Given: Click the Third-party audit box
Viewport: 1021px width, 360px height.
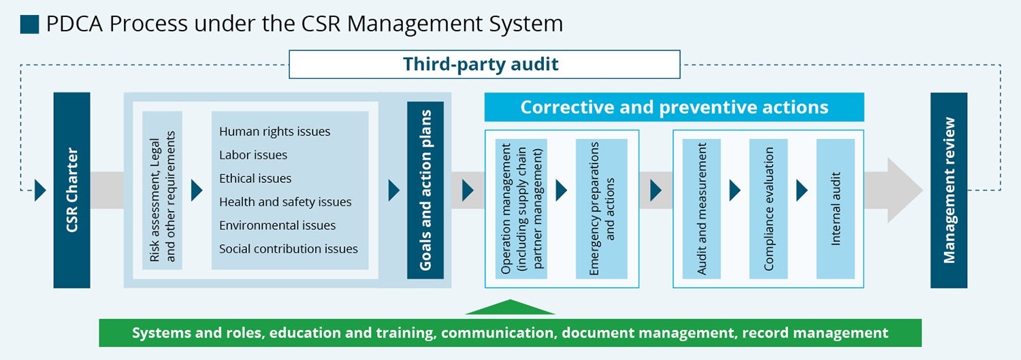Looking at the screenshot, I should (x=484, y=65).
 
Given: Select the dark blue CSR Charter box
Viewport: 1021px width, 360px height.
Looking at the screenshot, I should (x=72, y=190).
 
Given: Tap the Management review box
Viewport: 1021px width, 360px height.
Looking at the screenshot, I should (x=948, y=190).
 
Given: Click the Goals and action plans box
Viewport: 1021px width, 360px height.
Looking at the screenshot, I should (x=425, y=190).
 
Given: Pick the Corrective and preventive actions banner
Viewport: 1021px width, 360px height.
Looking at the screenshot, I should (x=674, y=108).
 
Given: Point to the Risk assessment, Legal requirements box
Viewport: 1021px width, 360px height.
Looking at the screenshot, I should (x=163, y=191).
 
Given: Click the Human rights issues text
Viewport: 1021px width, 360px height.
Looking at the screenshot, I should (x=274, y=131).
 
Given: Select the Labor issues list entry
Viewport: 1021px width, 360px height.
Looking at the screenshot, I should (x=253, y=155).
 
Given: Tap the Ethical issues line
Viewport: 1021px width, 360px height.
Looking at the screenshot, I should (x=255, y=178).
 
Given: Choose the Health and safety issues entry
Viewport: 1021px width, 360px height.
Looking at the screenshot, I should (x=285, y=202).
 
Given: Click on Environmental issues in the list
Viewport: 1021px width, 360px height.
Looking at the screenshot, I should (x=277, y=225).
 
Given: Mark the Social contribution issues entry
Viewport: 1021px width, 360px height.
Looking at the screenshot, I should (x=288, y=249).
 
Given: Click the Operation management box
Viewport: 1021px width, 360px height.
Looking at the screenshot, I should (x=521, y=208).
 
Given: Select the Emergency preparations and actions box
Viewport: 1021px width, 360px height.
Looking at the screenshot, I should (x=601, y=208).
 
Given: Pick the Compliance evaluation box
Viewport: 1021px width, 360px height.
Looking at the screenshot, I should (x=768, y=208).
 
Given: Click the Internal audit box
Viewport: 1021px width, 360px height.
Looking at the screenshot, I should (x=835, y=208).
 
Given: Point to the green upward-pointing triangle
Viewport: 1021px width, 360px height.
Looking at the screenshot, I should (x=510, y=308).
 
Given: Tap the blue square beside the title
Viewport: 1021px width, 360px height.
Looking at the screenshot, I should (x=30, y=24).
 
